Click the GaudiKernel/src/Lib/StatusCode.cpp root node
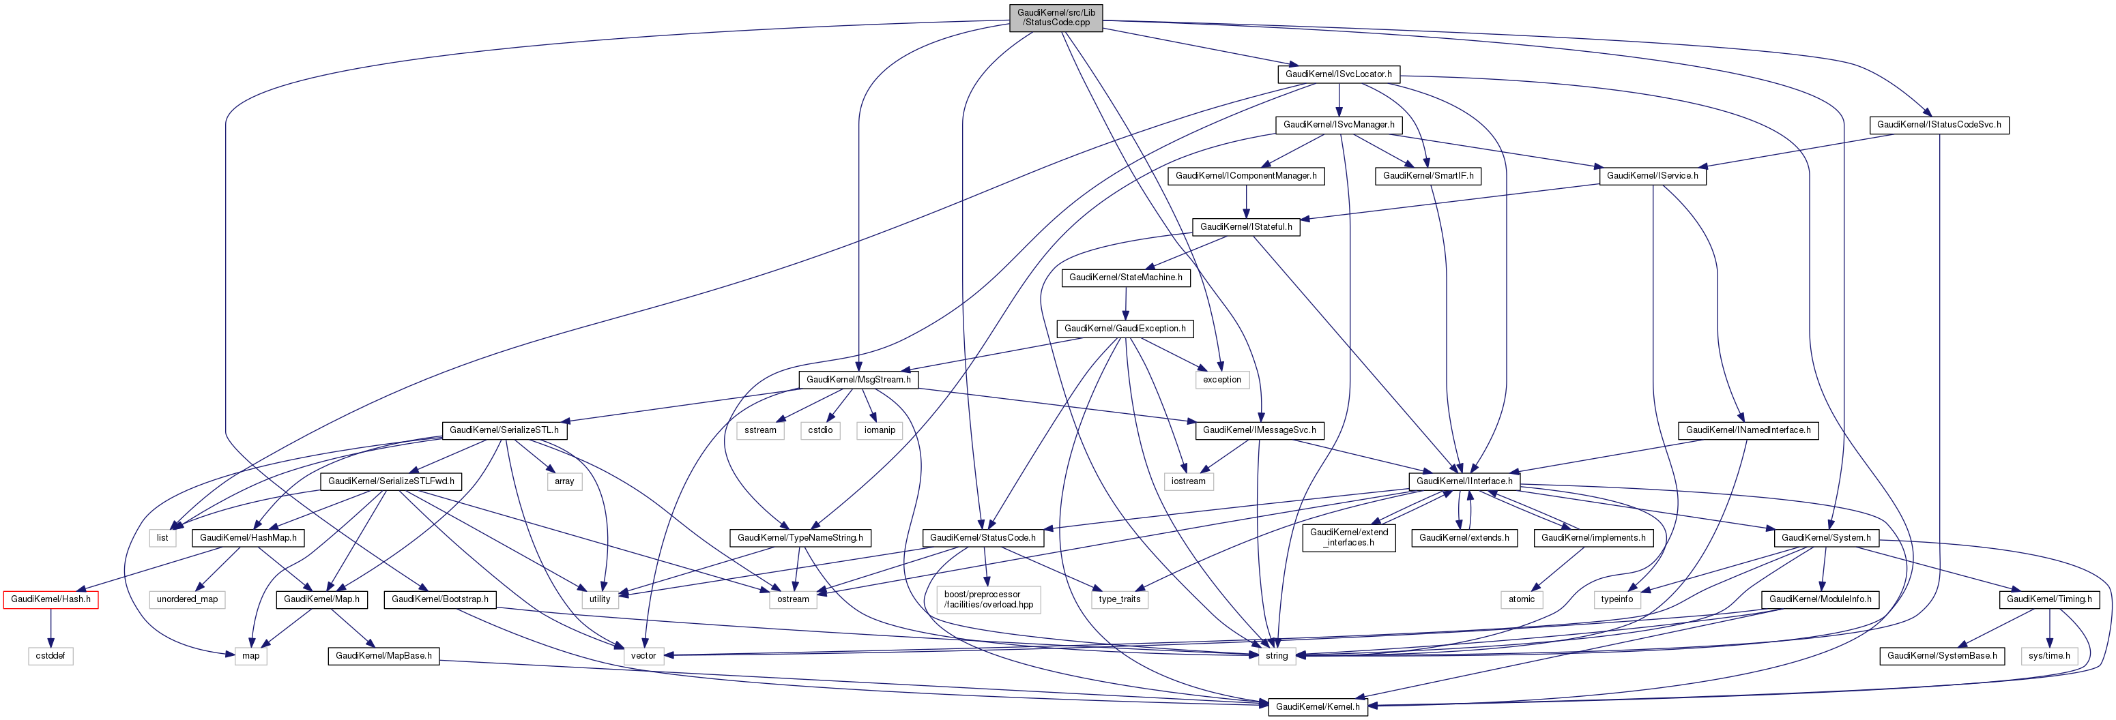(x=1056, y=17)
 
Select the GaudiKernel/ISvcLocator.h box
(x=1338, y=74)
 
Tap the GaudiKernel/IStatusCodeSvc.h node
(x=1939, y=125)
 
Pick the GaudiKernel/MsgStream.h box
(x=858, y=379)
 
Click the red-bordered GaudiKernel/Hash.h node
(x=51, y=599)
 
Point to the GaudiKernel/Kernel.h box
(x=1318, y=707)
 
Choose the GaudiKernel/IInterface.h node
(x=1464, y=481)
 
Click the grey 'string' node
(x=1277, y=656)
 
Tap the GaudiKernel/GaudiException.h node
(x=1125, y=329)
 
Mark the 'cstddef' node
(x=51, y=656)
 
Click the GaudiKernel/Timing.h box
(x=2048, y=599)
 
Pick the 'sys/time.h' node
(x=2048, y=656)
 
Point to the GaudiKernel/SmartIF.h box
(x=1427, y=176)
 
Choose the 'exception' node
(x=1221, y=379)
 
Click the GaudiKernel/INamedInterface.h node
(x=1748, y=430)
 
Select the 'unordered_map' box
(x=187, y=599)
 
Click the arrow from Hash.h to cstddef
(x=51, y=627)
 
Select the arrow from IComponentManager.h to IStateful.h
(x=1246, y=201)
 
